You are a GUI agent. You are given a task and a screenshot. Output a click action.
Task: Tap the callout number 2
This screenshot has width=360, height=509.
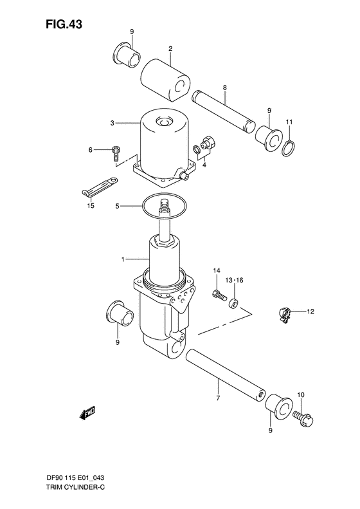171,48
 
